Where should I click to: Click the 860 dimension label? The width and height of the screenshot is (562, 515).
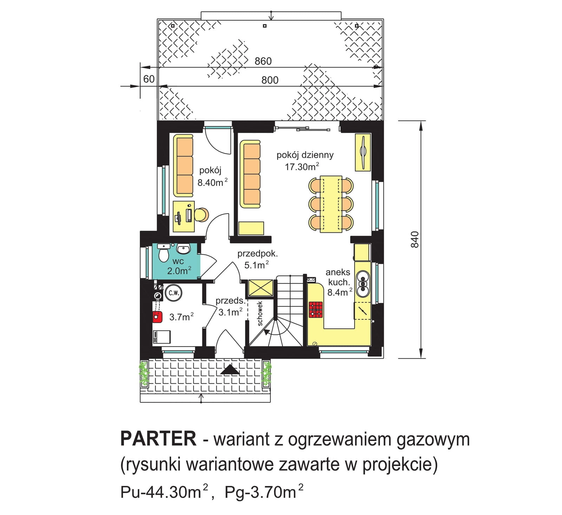click(263, 61)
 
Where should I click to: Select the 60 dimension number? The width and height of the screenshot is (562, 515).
click(149, 79)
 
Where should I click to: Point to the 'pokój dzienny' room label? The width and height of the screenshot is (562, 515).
click(305, 155)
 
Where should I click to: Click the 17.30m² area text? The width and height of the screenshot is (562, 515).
click(302, 166)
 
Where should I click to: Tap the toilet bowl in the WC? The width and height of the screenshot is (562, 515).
click(163, 253)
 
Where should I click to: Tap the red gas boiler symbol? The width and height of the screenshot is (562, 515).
click(157, 317)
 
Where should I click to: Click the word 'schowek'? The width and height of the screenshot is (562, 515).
click(260, 313)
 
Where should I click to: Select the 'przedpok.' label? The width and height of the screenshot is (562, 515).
click(257, 253)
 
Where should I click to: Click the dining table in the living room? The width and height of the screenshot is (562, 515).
click(331, 204)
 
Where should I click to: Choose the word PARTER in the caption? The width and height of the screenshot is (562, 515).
click(158, 439)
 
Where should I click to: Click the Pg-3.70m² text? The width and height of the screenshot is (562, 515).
click(264, 492)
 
